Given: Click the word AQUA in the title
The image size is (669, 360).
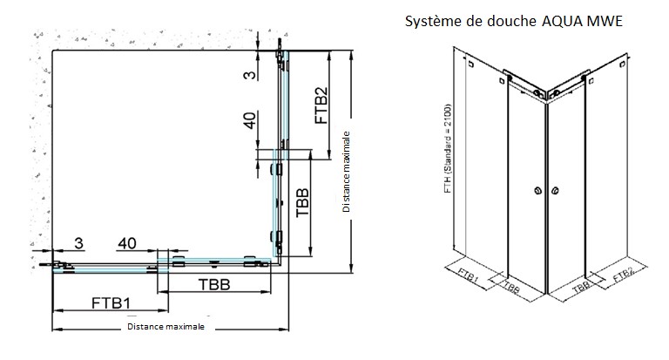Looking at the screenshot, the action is point(562,21).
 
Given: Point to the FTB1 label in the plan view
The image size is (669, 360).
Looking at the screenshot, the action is point(111,302).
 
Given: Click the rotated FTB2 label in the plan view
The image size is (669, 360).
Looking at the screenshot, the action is point(321,105).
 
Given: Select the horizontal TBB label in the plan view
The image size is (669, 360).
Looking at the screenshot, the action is point(214,284).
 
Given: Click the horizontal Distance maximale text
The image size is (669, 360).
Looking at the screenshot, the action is point(166,327).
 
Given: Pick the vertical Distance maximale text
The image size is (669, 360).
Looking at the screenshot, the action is point(346,172).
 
